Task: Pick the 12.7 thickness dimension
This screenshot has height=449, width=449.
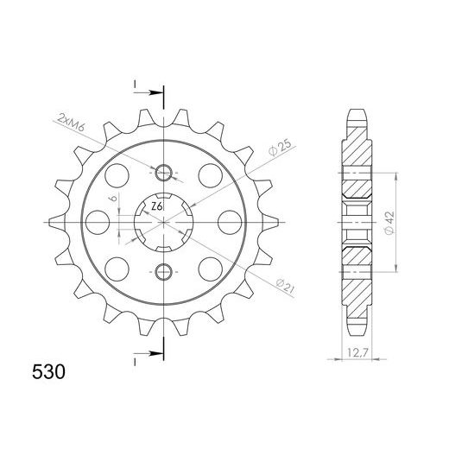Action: click(351, 352)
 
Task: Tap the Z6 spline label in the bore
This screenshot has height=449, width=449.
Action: click(155, 207)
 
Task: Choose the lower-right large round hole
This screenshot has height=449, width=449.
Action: click(209, 266)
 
